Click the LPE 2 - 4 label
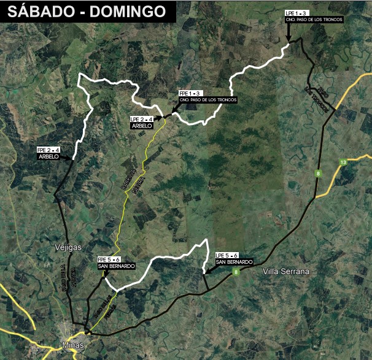[141, 118]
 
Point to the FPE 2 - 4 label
[48, 150]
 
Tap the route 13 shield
[343, 162]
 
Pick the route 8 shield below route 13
[318, 174]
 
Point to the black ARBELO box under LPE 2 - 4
[142, 125]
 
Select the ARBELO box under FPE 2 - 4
[48, 156]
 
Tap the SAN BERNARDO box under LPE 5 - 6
[234, 262]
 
